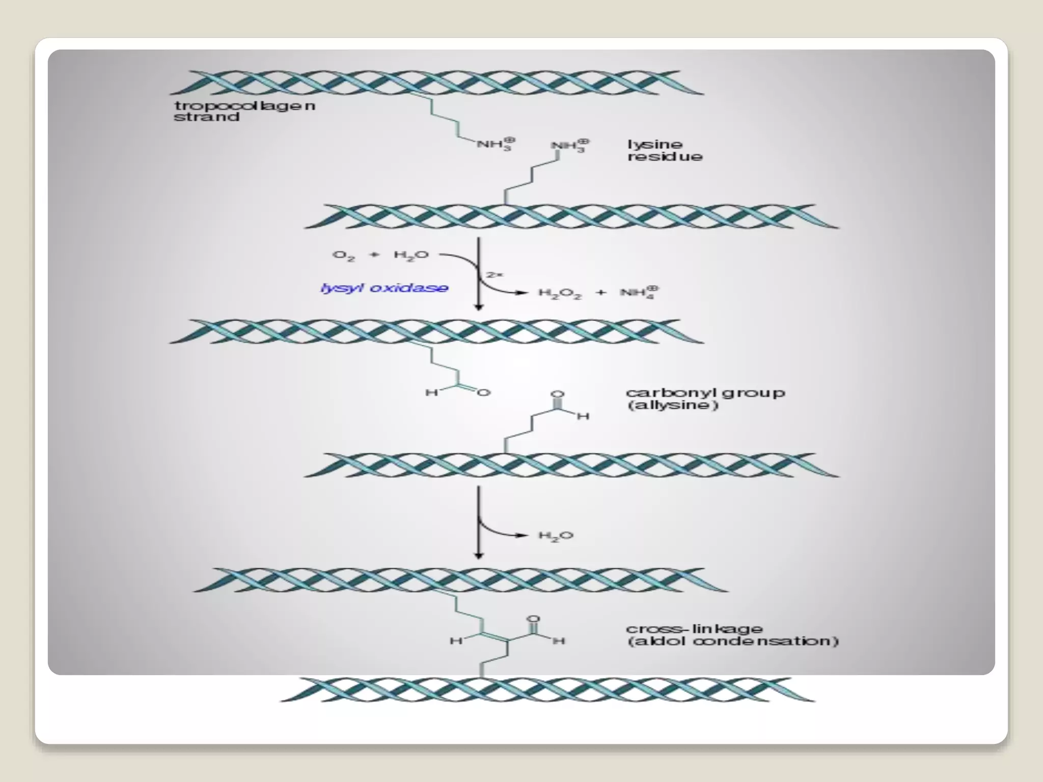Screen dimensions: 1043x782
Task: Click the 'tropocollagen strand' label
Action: pyautogui.click(x=244, y=111)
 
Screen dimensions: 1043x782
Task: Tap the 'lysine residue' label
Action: pyautogui.click(x=664, y=151)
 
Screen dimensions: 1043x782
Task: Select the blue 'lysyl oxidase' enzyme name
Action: pyautogui.click(x=384, y=288)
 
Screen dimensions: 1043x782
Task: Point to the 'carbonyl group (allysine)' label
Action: pyautogui.click(x=705, y=399)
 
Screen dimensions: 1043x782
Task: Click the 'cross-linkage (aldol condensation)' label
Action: pyautogui.click(x=732, y=635)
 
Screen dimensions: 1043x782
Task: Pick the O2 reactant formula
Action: pyautogui.click(x=343, y=256)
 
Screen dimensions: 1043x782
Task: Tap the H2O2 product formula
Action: pyautogui.click(x=560, y=294)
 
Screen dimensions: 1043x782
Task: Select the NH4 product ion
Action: pyautogui.click(x=639, y=293)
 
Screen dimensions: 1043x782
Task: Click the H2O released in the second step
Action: pyautogui.click(x=556, y=536)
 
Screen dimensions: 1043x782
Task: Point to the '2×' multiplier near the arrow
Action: pyautogui.click(x=495, y=275)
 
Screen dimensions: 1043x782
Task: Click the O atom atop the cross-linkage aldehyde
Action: pyautogui.click(x=533, y=619)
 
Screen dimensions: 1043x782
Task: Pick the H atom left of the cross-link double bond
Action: pyautogui.click(x=455, y=640)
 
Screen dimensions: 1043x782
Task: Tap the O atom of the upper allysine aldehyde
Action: pyautogui.click(x=484, y=392)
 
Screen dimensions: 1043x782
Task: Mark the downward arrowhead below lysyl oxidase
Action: pyautogui.click(x=478, y=306)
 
